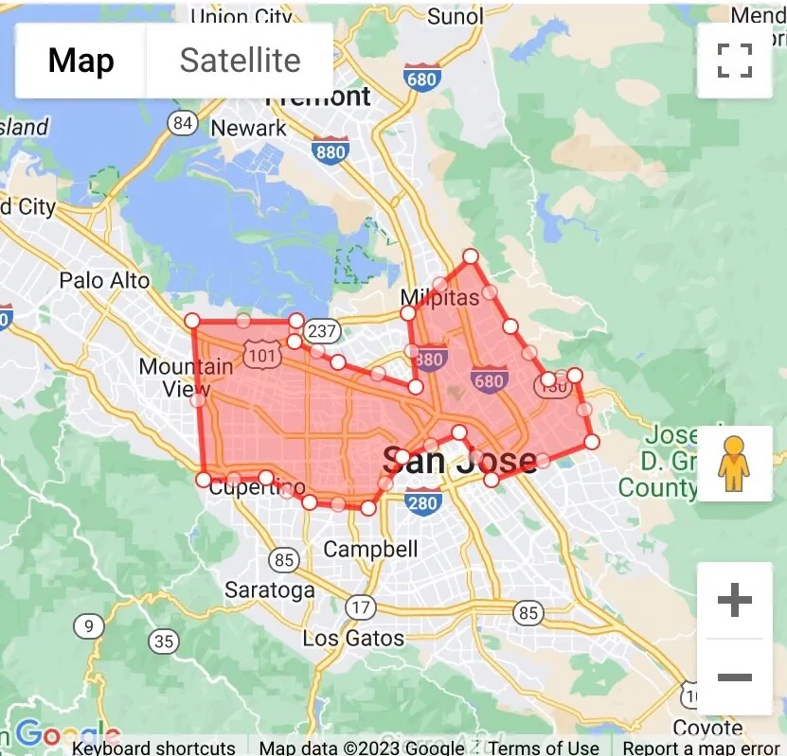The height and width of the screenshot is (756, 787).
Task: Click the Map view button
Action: (x=80, y=61)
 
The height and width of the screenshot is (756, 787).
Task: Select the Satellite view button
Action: (x=240, y=61)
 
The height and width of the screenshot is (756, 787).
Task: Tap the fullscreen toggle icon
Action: (x=734, y=61)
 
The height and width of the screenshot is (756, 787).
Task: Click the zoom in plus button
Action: (x=734, y=600)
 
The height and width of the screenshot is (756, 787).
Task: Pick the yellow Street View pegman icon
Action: (x=734, y=464)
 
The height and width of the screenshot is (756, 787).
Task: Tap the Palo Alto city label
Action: (x=104, y=280)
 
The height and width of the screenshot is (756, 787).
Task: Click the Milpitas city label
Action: (x=439, y=297)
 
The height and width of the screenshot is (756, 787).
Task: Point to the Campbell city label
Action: (x=370, y=549)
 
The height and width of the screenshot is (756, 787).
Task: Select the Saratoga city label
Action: (x=270, y=590)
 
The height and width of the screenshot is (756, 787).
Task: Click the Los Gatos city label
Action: (x=353, y=638)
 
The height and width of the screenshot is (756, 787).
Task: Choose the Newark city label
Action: (x=248, y=128)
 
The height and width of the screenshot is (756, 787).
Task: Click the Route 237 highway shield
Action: (x=323, y=330)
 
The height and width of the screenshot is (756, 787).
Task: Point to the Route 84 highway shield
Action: (x=183, y=123)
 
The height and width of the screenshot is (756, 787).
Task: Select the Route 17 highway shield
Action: (x=360, y=607)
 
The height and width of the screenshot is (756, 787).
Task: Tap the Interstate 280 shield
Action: (x=422, y=501)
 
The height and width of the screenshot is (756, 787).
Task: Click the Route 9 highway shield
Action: (x=89, y=625)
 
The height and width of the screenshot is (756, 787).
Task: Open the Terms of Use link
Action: (x=544, y=747)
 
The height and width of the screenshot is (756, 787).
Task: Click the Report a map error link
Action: (x=701, y=747)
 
